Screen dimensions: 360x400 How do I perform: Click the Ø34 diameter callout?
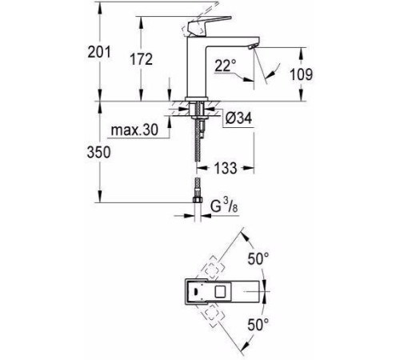(x=241, y=118)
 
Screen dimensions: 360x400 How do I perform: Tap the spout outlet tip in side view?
(x=252, y=50)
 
